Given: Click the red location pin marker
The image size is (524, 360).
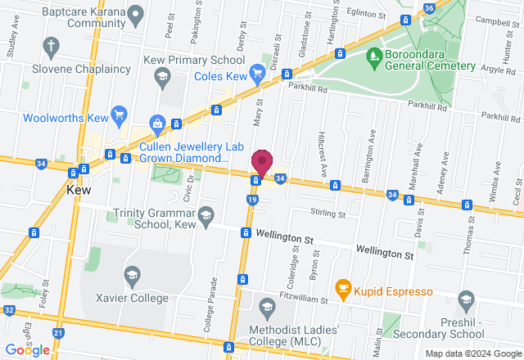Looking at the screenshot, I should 262,160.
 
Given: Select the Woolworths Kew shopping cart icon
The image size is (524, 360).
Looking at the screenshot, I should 120,114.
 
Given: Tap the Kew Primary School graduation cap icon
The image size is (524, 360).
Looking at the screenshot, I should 160,77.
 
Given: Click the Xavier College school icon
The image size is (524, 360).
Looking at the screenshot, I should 132,276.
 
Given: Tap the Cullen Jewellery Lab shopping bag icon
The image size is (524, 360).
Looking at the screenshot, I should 157,124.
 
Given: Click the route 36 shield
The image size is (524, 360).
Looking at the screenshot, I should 430,8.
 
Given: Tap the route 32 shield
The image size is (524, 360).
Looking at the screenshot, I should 8,310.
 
